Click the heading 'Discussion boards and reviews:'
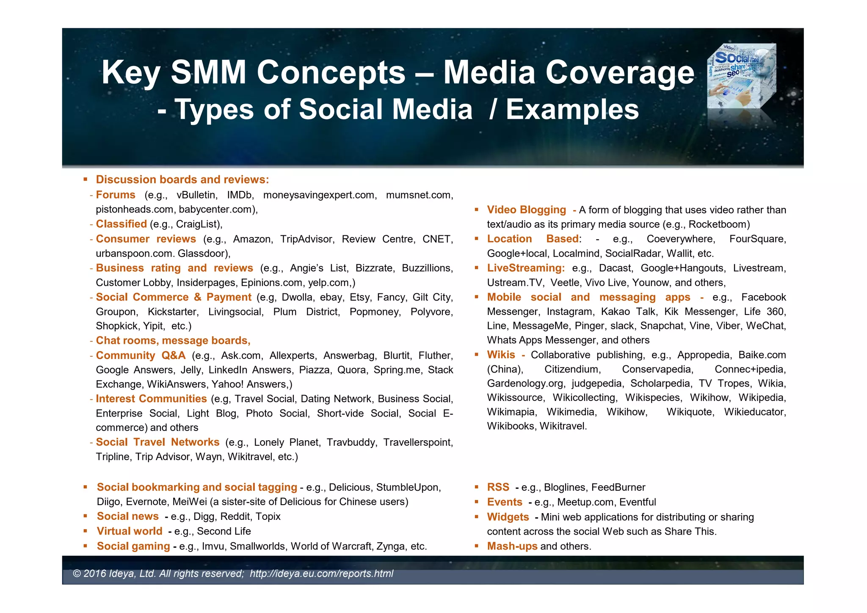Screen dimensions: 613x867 click(182, 179)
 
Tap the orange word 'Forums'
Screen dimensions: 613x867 click(116, 195)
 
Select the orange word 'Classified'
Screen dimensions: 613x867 click(121, 224)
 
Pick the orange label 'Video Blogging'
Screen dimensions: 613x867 click(526, 210)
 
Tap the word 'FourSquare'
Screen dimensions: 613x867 click(757, 239)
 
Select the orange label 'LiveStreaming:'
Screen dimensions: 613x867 click(526, 268)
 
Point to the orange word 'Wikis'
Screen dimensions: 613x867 click(501, 355)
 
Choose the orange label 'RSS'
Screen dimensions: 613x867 click(498, 487)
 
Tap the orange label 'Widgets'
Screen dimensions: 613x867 click(508, 517)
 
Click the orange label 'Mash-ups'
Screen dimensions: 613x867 click(512, 546)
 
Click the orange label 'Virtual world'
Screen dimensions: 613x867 click(130, 531)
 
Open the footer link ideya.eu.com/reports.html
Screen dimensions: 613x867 click(321, 574)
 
